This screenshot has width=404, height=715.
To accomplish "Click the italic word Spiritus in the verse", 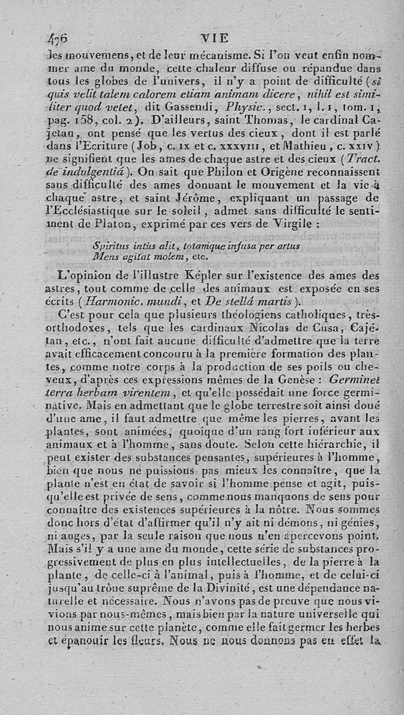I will (x=111, y=246).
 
